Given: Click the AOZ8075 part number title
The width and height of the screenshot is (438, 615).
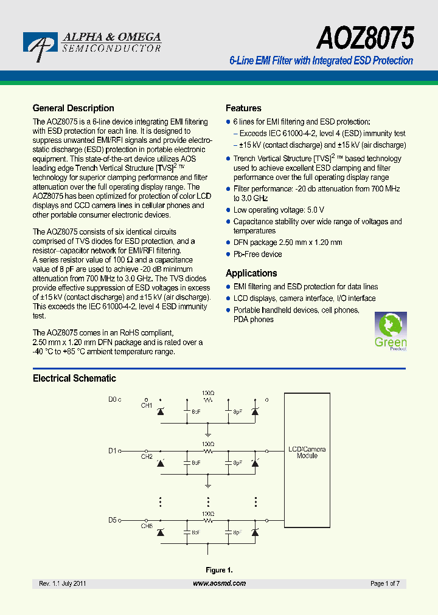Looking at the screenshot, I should point(364,39).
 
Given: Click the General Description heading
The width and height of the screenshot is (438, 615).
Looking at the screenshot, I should point(73,108).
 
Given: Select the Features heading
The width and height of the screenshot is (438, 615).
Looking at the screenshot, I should point(243,108).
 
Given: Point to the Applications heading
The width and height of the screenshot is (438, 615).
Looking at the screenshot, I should point(251,273).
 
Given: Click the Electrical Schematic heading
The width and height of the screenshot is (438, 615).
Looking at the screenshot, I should point(74,378).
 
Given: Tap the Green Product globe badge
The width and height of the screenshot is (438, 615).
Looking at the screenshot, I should point(390,332).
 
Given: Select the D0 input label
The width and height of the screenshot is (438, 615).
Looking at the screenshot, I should point(113,399).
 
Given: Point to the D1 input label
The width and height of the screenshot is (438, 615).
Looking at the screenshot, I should point(113,451).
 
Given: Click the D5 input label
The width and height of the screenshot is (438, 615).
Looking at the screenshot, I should point(113,520).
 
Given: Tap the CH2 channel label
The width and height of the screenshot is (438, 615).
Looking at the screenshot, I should point(147,456).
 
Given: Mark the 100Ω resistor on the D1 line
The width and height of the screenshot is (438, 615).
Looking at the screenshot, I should point(208,451).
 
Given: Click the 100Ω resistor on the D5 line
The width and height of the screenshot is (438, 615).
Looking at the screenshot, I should point(208,521).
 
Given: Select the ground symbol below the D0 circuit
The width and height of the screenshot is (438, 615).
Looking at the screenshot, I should point(208,434).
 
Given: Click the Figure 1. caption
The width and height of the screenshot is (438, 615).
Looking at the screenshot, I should point(219,570).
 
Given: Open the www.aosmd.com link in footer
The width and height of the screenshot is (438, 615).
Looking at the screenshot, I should point(219,583).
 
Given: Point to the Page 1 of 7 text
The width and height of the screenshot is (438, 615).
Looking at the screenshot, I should point(384,583).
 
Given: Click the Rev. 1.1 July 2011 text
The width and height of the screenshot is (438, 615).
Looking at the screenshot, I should point(63,583).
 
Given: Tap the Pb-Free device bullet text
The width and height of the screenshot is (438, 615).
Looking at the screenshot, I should point(257,254).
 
